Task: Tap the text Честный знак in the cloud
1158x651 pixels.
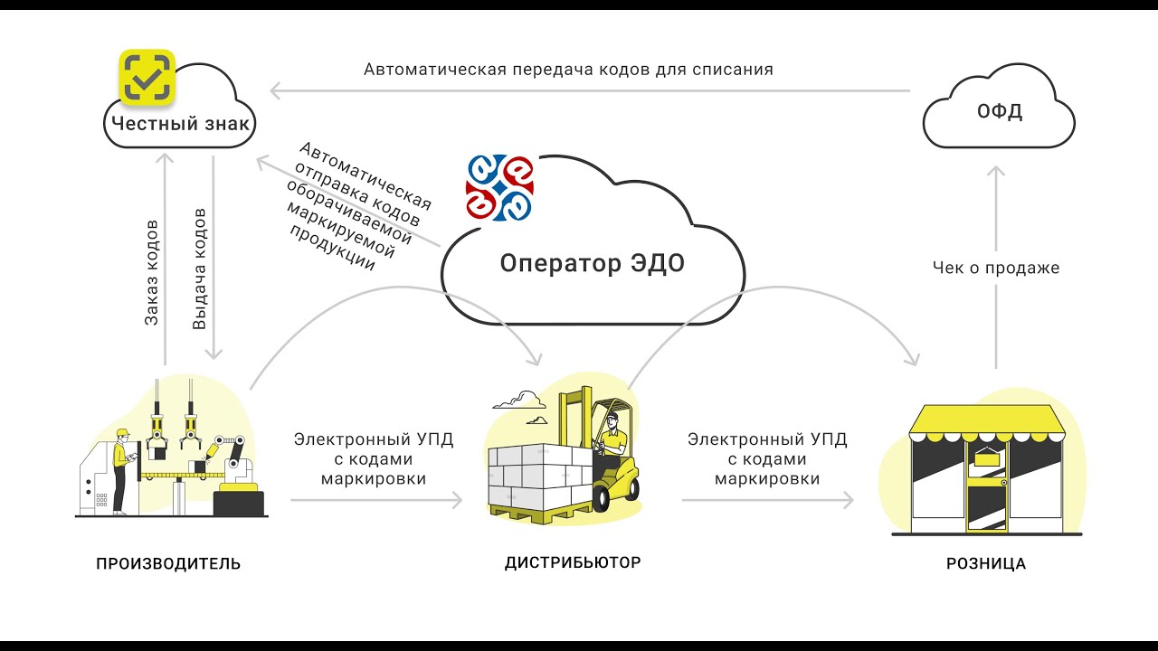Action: point(181,123)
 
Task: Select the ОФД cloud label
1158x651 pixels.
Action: point(999,113)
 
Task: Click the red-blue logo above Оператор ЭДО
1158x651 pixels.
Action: point(499,187)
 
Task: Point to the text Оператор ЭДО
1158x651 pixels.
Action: point(593,264)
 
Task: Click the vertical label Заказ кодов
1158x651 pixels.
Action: point(153,270)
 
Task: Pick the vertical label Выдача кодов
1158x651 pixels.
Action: point(200,269)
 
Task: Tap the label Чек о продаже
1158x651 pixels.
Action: point(995,268)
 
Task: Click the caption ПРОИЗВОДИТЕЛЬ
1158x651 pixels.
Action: point(168,564)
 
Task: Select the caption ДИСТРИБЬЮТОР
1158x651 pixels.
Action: point(572,562)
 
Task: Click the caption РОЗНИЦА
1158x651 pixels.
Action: point(986,564)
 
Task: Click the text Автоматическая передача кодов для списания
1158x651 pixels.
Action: point(568,69)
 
